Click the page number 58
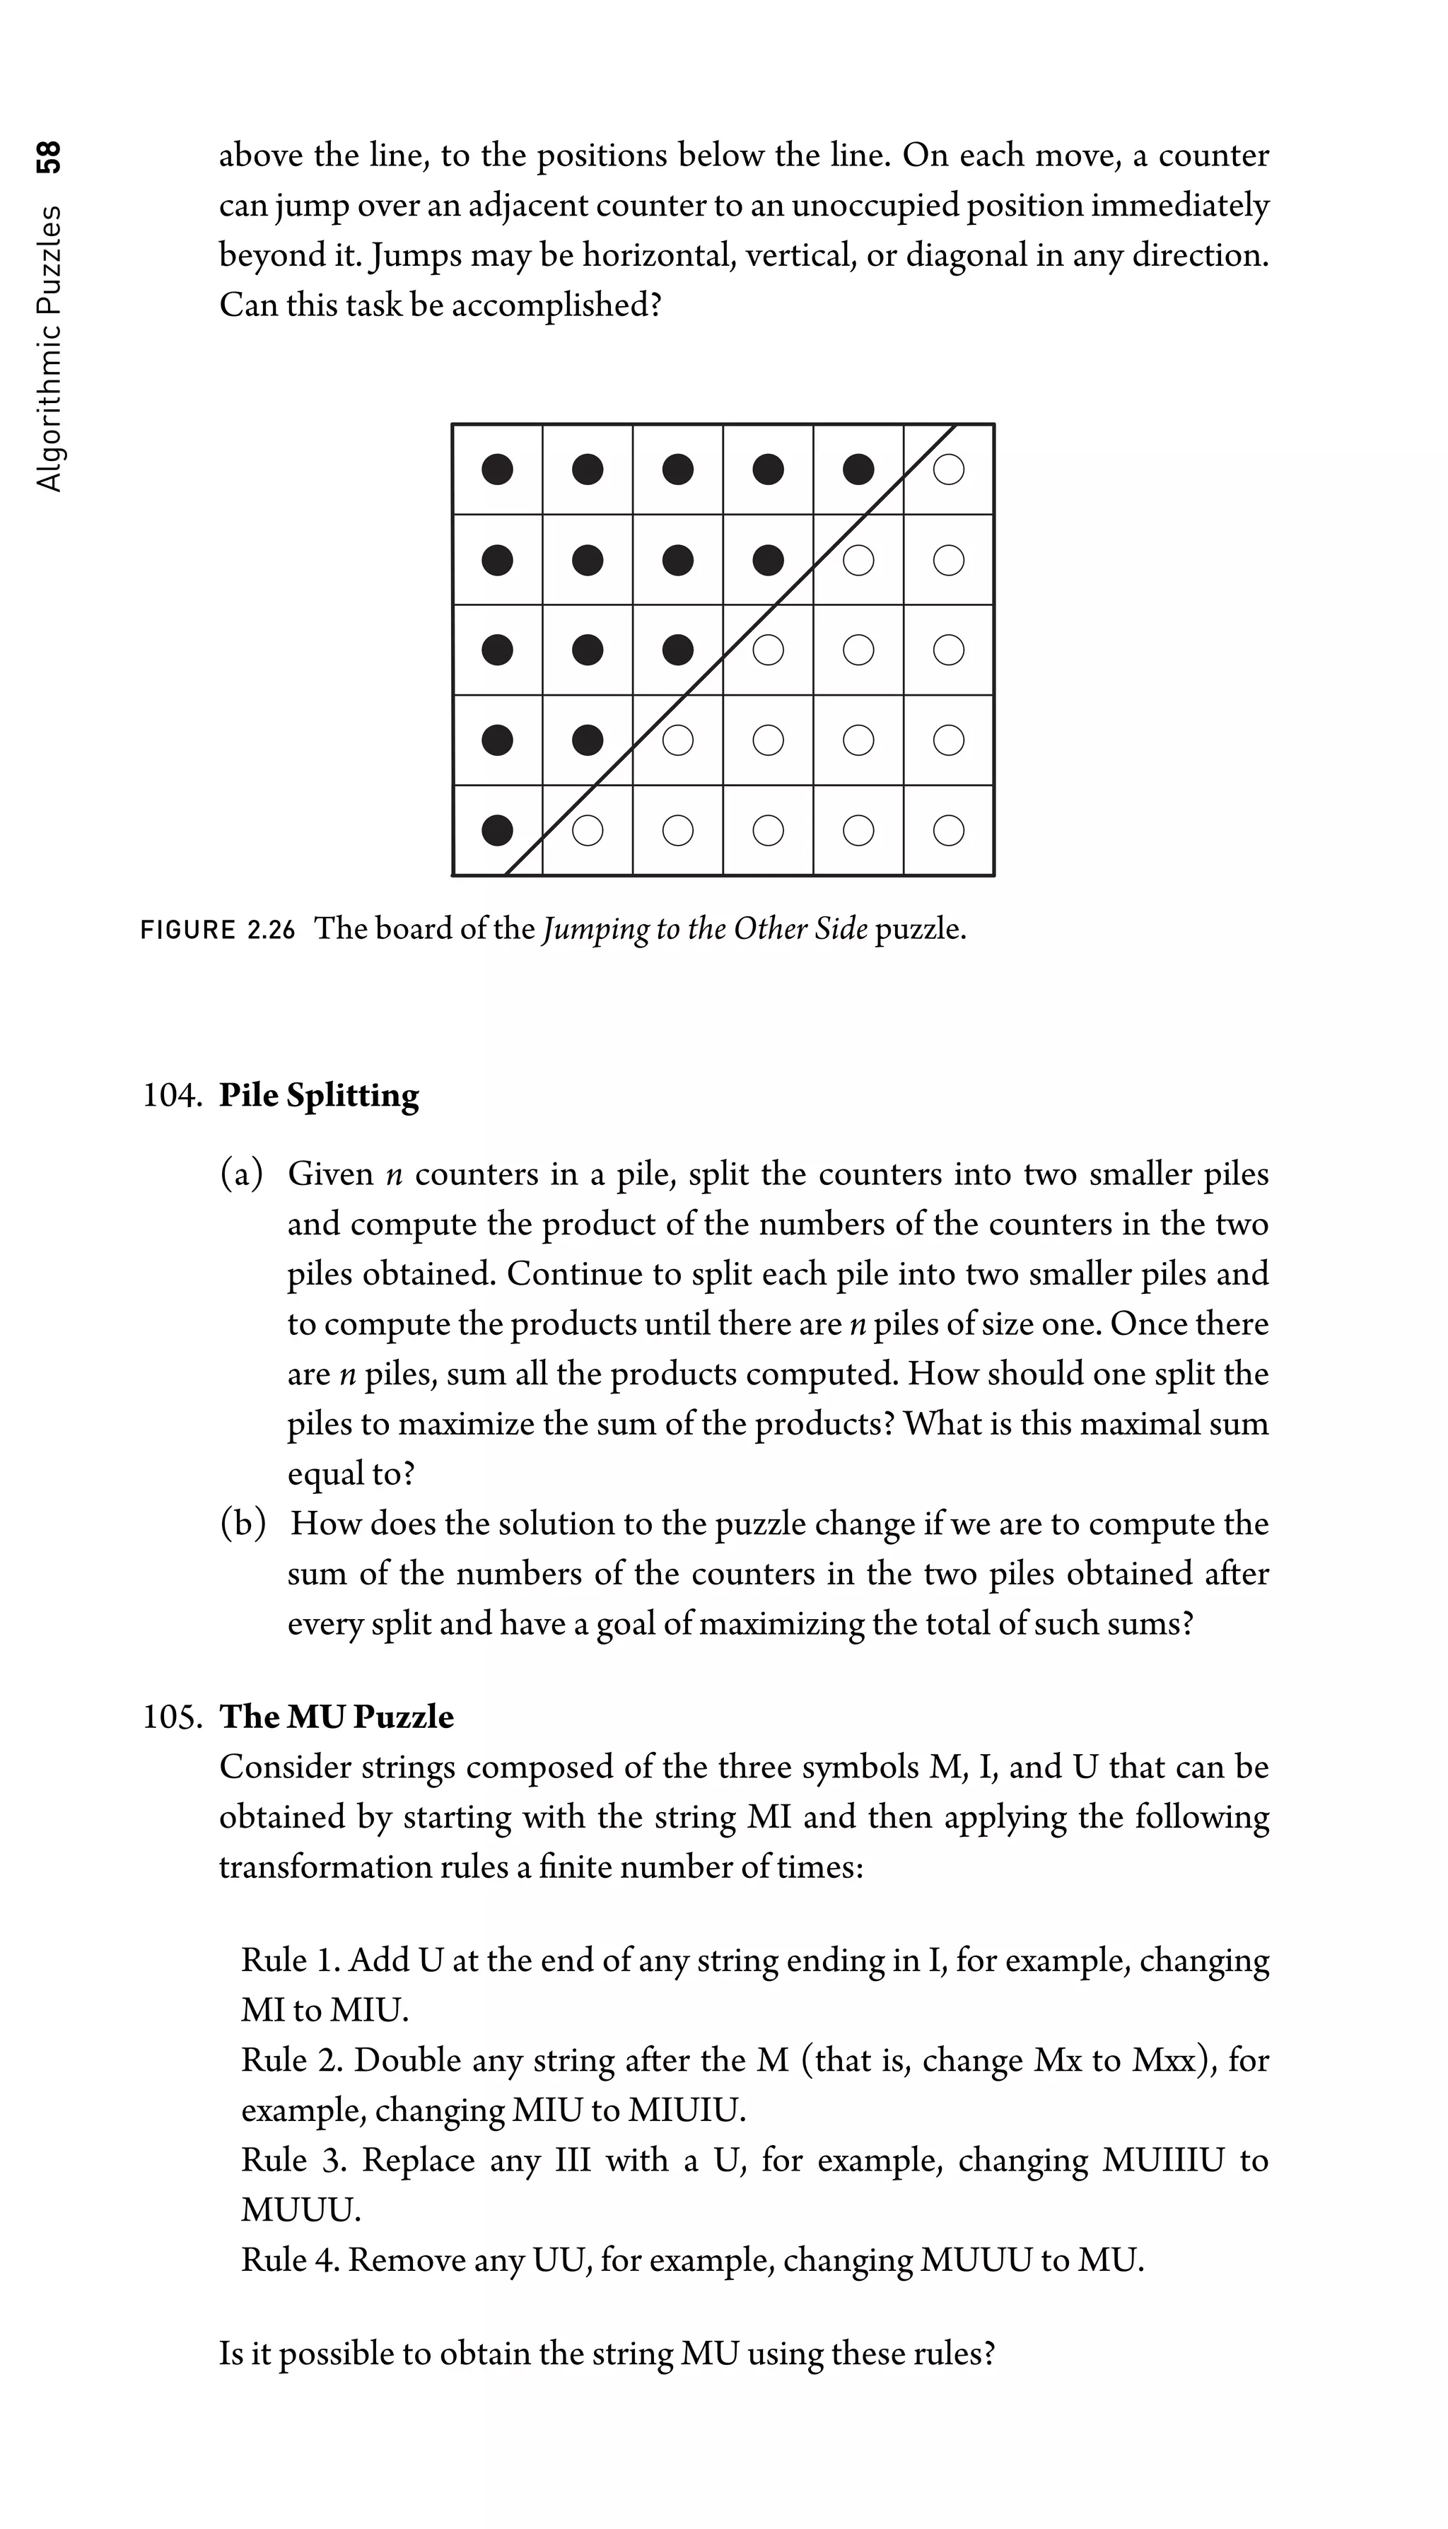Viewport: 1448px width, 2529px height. coord(48,157)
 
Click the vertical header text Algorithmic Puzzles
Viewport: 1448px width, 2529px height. coord(48,348)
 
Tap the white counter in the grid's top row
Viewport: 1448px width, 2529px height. coord(949,469)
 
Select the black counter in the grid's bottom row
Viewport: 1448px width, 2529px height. coord(497,829)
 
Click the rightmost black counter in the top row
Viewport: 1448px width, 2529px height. coord(858,469)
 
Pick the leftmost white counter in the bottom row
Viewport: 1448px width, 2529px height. coord(588,829)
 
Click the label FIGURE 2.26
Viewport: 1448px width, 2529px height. coord(218,930)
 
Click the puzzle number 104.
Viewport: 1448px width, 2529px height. coord(172,1096)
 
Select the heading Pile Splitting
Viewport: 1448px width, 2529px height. coord(320,1096)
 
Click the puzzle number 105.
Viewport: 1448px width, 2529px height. coord(172,1717)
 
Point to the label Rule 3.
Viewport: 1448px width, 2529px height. coord(293,2160)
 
